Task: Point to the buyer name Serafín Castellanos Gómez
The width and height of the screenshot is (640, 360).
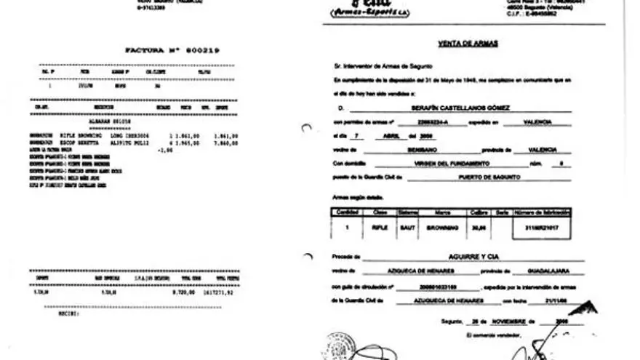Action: point(461,107)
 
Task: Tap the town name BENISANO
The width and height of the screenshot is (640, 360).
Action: point(413,148)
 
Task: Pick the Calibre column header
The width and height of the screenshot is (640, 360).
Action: point(476,212)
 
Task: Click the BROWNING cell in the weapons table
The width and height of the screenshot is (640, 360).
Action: point(441,226)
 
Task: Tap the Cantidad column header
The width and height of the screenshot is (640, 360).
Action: point(343,212)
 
